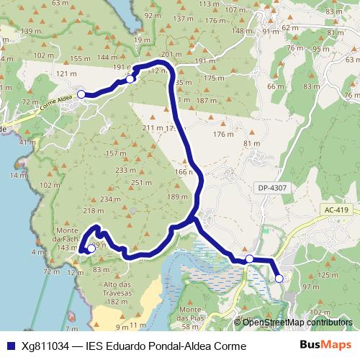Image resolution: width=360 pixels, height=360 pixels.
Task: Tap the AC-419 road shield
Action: coord(336,210)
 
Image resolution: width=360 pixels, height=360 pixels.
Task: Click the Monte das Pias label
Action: coord(194,313)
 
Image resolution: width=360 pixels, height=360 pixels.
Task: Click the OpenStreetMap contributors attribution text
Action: coord(298,322)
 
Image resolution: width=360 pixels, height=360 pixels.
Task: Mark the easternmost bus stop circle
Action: coord(279,278)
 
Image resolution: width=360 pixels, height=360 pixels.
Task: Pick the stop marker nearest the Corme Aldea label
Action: coord(81,94)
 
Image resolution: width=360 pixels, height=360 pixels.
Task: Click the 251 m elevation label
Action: coord(138,183)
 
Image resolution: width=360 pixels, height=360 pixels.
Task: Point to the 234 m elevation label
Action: coord(110,199)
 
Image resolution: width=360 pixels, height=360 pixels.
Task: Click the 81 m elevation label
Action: coord(251,143)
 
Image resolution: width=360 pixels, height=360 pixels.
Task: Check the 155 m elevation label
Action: coord(80,58)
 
